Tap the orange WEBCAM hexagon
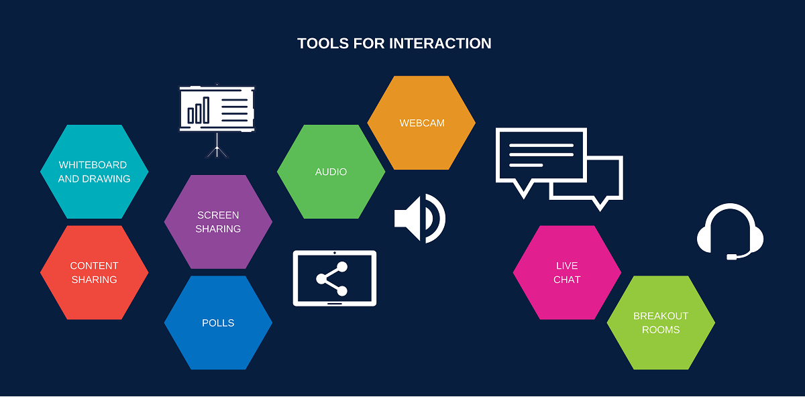[x=421, y=123]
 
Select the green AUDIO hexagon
[x=331, y=172]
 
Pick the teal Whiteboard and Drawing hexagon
[x=94, y=172]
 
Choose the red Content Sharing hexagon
[x=94, y=272]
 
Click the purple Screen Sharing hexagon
[x=218, y=222]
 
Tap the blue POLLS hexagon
[x=218, y=323]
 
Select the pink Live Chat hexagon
[x=567, y=272]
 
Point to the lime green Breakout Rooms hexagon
[x=661, y=323]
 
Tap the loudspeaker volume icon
[x=419, y=218]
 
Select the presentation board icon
[x=217, y=111]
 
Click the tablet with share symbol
[x=335, y=278]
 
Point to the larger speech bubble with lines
[x=540, y=156]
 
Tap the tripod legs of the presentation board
[x=217, y=149]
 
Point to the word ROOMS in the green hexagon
[x=661, y=330]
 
